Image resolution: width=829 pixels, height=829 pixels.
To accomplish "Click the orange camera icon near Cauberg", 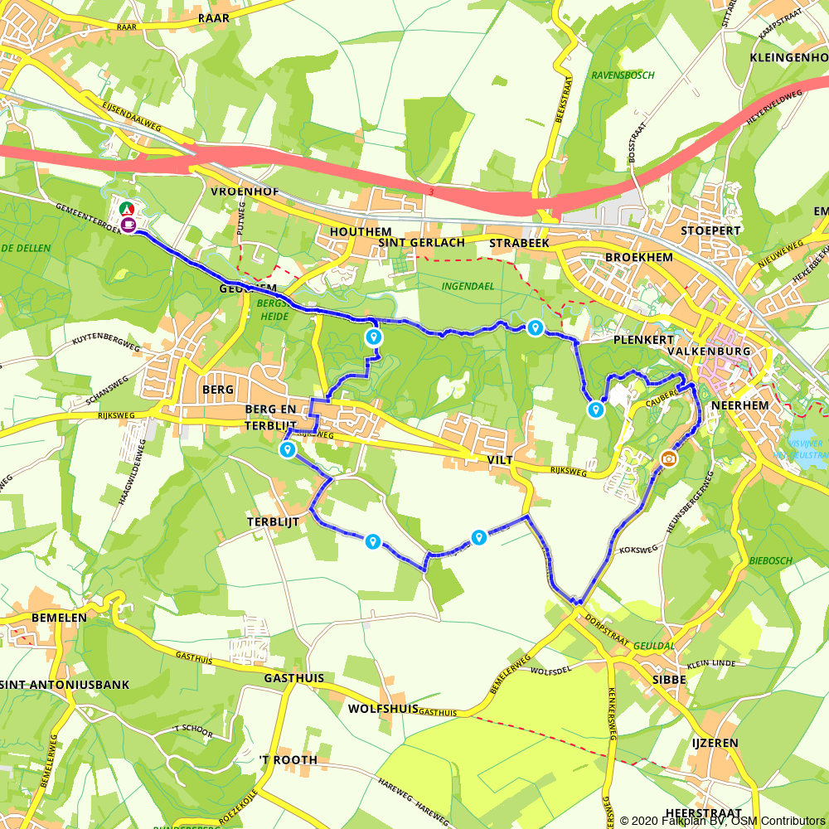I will tap(668, 458).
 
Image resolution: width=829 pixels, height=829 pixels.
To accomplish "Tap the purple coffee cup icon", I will tap(128, 224).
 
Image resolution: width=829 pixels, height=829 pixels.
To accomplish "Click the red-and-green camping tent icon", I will tap(125, 209).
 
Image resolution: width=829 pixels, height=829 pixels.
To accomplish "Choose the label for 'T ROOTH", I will tap(288, 760).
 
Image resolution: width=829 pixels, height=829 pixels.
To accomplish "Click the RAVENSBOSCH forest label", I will tap(623, 75).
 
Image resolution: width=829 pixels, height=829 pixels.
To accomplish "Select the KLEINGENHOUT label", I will tap(787, 57).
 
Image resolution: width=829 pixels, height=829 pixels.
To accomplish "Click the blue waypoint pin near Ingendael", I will tap(536, 328).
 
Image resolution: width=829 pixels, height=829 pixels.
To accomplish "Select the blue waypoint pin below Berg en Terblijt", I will tap(287, 449).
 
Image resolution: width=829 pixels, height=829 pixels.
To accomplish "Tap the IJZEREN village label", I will tap(715, 744).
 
